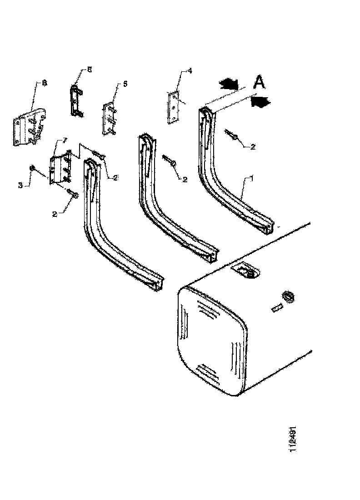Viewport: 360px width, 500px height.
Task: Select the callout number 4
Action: pos(190,71)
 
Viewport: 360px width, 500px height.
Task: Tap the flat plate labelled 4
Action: pos(174,107)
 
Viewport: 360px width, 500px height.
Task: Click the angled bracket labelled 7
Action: pos(60,168)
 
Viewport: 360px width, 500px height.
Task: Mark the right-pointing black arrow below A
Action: pos(261,101)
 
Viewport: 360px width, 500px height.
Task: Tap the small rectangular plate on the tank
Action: pos(275,308)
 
